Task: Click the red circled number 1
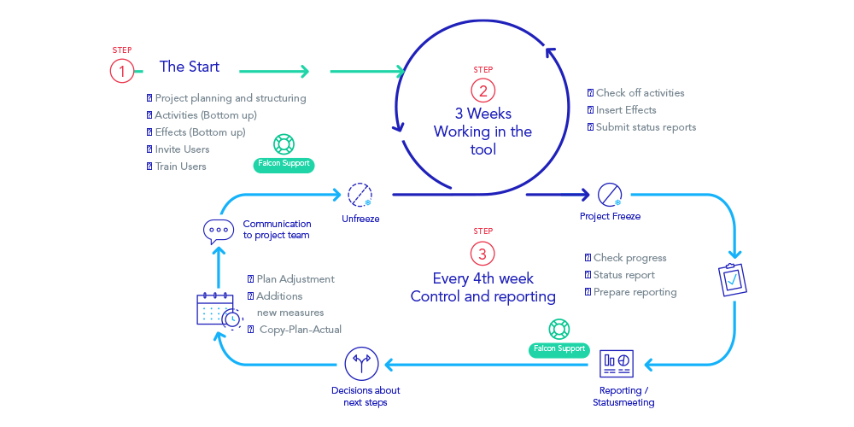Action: tap(122, 71)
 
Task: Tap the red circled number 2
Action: tap(483, 91)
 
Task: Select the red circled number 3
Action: tap(483, 254)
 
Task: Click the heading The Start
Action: tap(189, 67)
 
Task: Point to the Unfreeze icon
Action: tap(360, 195)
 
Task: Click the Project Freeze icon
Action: tap(610, 195)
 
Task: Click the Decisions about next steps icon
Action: tap(361, 365)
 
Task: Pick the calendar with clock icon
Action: tap(218, 310)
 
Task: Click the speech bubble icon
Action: tap(218, 231)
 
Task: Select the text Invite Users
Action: tap(182, 149)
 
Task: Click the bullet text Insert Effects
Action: tap(626, 110)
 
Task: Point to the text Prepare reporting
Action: tap(635, 292)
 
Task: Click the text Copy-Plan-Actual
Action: tap(301, 330)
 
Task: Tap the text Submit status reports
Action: tap(646, 127)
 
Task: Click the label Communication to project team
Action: tap(276, 230)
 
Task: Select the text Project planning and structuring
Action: tap(230, 98)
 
